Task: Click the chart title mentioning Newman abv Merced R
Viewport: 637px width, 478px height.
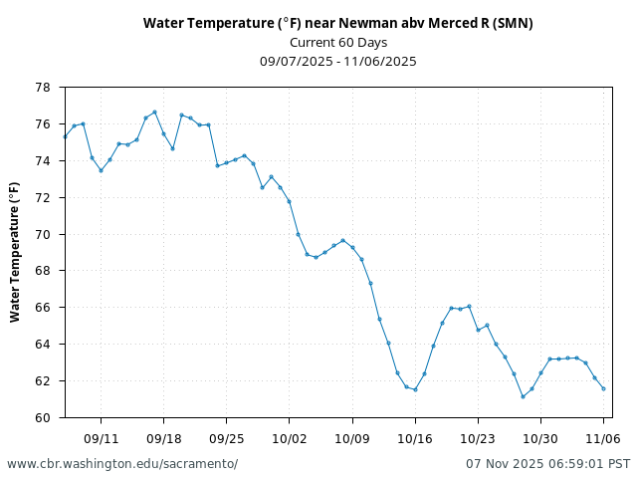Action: click(337, 23)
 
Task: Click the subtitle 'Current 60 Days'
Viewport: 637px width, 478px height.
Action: click(337, 42)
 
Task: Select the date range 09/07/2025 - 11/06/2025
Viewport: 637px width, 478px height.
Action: click(337, 61)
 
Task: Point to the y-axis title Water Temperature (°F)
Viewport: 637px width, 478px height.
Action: click(15, 252)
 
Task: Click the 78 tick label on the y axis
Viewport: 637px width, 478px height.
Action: click(43, 88)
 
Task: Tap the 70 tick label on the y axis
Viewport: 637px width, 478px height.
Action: click(43, 234)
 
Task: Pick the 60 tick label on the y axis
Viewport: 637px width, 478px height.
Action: click(43, 417)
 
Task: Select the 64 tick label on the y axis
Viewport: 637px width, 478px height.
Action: click(43, 345)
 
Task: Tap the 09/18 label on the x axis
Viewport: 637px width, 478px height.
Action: click(163, 438)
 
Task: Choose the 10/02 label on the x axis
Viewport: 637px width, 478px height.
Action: click(289, 438)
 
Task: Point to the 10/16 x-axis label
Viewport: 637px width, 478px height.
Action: click(414, 438)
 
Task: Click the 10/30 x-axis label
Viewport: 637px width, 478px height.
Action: click(540, 438)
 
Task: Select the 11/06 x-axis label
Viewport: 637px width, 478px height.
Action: click(603, 438)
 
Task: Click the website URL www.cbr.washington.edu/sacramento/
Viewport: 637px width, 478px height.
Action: click(122, 464)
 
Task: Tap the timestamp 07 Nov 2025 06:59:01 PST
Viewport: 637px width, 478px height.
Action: click(547, 464)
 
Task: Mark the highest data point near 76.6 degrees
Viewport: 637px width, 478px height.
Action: click(154, 112)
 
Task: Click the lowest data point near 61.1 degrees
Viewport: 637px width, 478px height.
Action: click(523, 396)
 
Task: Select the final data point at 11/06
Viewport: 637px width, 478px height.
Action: click(603, 388)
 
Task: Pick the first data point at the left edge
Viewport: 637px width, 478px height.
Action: click(65, 136)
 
